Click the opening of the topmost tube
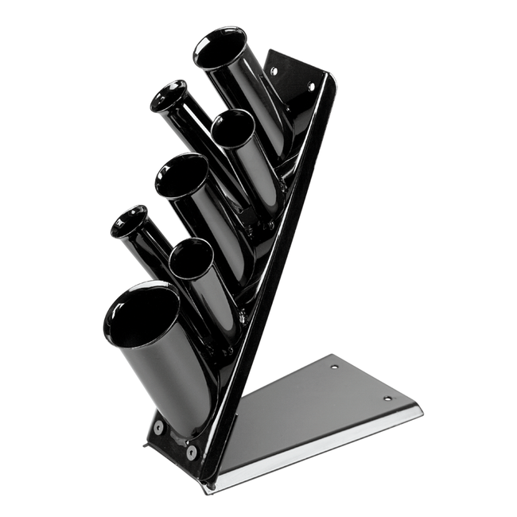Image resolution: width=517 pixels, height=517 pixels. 220,49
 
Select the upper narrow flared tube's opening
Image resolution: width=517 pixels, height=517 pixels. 169,95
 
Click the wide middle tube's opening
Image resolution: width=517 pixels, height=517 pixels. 181,175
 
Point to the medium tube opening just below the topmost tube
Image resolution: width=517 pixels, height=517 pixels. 232,129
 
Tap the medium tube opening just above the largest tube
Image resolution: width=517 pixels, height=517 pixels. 190,258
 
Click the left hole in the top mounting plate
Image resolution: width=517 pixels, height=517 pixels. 274,71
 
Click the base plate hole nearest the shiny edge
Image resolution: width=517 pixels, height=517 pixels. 387,398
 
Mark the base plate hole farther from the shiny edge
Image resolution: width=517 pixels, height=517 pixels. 334,367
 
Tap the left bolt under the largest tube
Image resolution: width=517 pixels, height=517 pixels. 158,427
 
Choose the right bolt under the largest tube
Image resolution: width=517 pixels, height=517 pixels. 192,450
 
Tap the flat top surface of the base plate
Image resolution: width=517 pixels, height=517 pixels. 318,406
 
